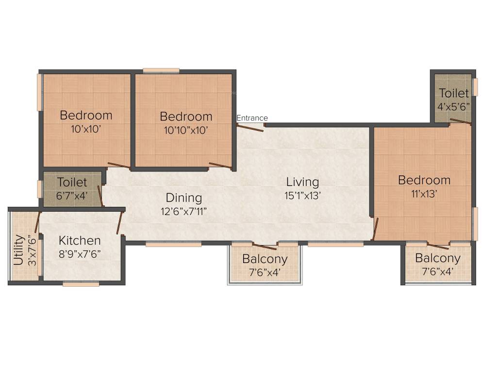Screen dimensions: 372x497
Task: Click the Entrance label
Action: coord(252,118)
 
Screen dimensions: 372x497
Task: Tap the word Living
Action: coord(302,182)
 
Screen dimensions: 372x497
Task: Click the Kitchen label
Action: coord(80,240)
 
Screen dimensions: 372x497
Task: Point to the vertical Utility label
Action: coord(18,249)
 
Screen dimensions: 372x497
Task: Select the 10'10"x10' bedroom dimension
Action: coord(186,130)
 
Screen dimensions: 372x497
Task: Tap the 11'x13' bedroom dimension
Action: coord(424,194)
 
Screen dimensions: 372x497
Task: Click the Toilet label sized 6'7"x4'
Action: coord(72,183)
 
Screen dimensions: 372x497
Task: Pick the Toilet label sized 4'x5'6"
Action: coord(454,93)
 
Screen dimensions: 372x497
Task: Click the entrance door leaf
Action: coord(250,128)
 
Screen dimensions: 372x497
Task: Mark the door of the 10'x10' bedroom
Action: coord(118,165)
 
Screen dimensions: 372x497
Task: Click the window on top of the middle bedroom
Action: coord(161,70)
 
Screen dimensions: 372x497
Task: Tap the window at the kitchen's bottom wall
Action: coord(81,284)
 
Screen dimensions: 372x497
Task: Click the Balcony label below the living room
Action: coord(265,259)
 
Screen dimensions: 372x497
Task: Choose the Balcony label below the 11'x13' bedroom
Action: coord(437,258)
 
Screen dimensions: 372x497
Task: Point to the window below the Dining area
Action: coord(173,245)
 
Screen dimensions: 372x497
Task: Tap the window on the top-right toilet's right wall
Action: coord(475,87)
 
